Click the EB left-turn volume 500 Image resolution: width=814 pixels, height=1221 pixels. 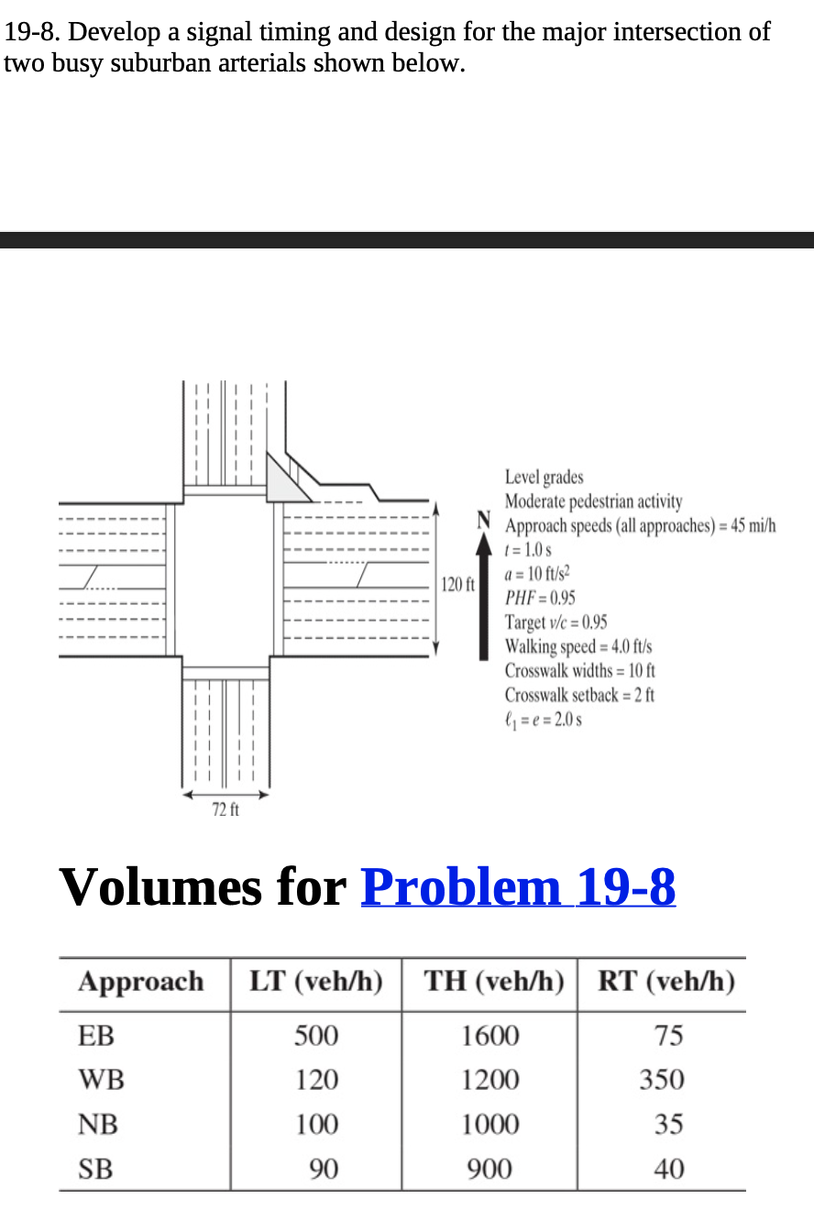316,1036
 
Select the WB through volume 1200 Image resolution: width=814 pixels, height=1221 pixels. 489,1080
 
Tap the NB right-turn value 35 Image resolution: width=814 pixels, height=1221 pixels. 668,1124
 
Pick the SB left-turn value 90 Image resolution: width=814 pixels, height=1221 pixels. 323,1169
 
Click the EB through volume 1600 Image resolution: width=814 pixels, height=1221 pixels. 489,1036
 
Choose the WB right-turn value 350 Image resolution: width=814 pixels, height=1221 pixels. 662,1080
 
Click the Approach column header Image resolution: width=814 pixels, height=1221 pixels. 141,982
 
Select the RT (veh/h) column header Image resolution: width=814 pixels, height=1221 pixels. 666,982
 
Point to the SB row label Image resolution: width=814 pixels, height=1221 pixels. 96,1169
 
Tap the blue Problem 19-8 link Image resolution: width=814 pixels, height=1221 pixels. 518,886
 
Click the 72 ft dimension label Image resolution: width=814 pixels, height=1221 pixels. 225,809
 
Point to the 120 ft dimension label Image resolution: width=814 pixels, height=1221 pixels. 456,584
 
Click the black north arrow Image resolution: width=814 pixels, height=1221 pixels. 484,596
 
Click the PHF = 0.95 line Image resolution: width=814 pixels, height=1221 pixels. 540,598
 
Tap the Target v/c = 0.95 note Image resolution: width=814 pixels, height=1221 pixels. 555,621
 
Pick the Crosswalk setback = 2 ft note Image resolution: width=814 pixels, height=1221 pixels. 579,694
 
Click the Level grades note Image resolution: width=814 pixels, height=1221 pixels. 544,478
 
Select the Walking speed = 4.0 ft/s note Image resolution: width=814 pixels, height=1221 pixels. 577,646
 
